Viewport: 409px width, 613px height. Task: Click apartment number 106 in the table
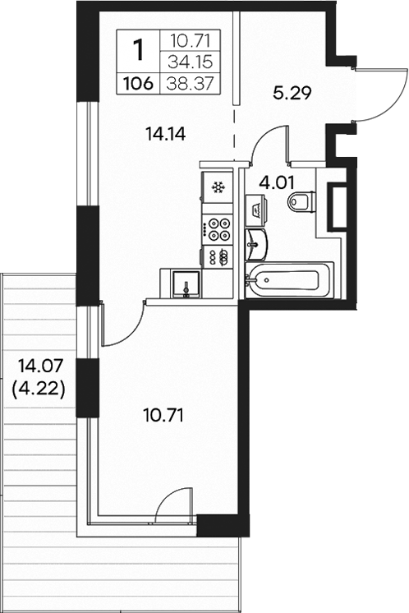(x=138, y=82)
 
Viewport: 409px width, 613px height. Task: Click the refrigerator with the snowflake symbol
(x=218, y=188)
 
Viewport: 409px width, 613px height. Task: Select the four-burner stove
(x=218, y=228)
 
